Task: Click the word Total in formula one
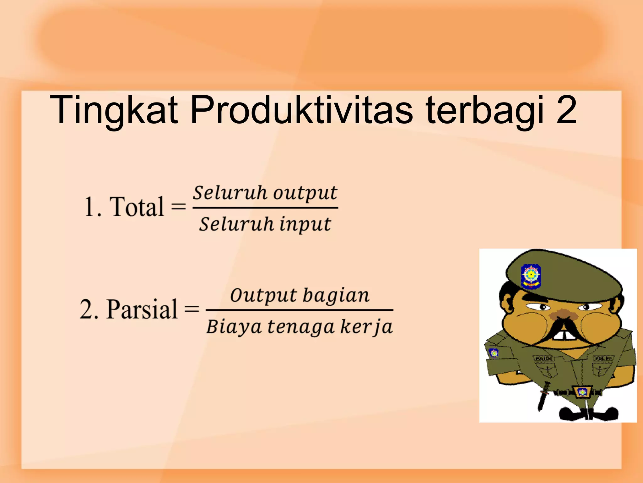137,207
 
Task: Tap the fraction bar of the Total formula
265,208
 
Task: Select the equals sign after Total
178,207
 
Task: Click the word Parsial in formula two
142,309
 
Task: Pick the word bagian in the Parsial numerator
336,296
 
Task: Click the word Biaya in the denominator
234,327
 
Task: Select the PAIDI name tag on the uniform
543,358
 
